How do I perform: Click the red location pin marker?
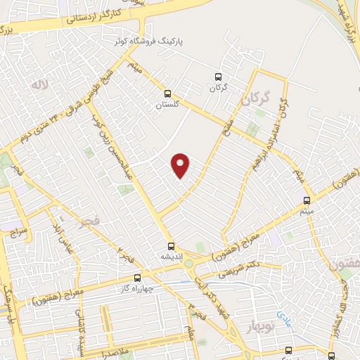[x=181, y=165]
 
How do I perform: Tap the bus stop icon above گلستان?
[x=167, y=93]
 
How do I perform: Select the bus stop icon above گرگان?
[x=217, y=77]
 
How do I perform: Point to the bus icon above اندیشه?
[x=171, y=245]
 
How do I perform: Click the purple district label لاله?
[x=37, y=84]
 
